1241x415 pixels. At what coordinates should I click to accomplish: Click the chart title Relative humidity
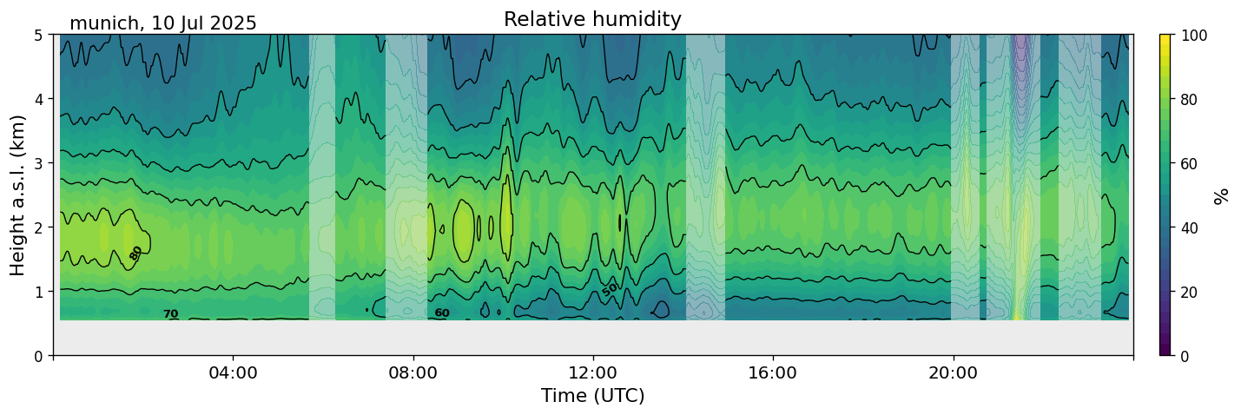592,19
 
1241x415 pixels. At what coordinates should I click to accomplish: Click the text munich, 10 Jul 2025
163,23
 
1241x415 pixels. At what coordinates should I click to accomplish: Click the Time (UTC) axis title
592,396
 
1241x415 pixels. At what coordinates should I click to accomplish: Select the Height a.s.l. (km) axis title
18,195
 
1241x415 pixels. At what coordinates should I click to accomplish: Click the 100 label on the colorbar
1195,35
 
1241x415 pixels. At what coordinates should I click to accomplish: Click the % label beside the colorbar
1222,195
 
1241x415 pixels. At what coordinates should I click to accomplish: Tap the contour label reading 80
135,253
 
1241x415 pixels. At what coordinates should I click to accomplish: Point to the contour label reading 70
170,314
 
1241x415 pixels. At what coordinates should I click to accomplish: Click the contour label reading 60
442,313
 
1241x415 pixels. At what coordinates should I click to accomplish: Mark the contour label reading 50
610,289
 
